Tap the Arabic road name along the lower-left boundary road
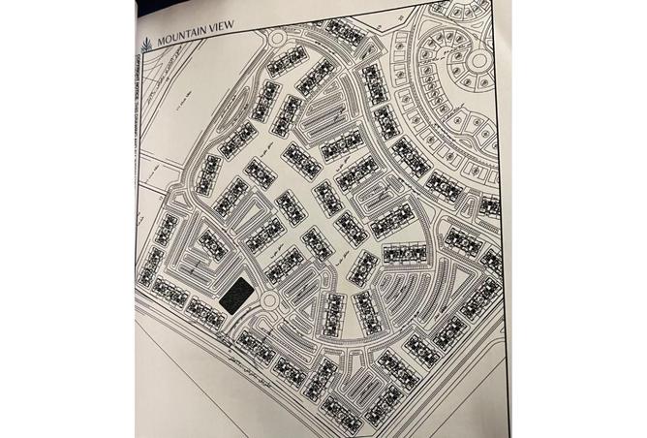[x=291, y=376]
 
